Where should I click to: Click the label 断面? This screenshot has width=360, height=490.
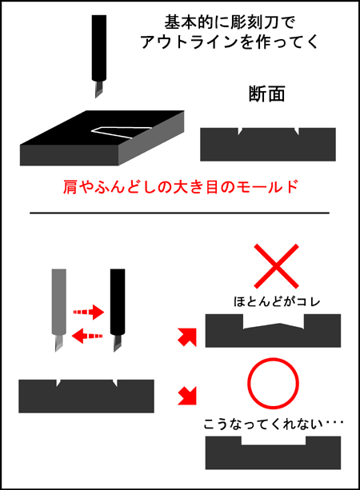pyautogui.click(x=266, y=94)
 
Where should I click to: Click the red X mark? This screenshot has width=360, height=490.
pyautogui.click(x=277, y=266)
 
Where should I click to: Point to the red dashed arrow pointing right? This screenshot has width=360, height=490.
pyautogui.click(x=88, y=312)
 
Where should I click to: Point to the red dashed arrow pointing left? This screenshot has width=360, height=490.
pyautogui.click(x=87, y=336)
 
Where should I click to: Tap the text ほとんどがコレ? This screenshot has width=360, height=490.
pyautogui.click(x=277, y=301)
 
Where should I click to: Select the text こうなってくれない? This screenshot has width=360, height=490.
pyautogui.click(x=263, y=424)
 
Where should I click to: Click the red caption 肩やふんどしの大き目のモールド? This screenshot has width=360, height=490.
pyautogui.click(x=180, y=187)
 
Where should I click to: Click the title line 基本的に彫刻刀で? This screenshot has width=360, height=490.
pyautogui.click(x=230, y=22)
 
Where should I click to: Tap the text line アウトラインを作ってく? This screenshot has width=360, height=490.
pyautogui.click(x=229, y=42)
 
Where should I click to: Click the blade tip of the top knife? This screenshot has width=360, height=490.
pyautogui.click(x=96, y=98)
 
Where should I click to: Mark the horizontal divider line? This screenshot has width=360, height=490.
pyautogui.click(x=179, y=213)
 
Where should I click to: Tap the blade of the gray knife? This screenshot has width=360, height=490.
pyautogui.click(x=59, y=343)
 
